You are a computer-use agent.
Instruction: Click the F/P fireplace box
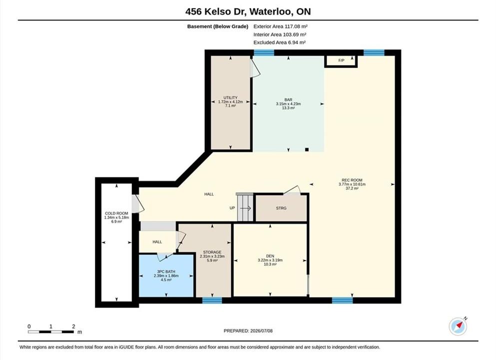coord(341,61)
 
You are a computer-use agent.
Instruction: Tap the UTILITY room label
coord(230,97)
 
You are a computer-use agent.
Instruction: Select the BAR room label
coord(288,99)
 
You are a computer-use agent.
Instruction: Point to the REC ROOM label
coord(352,180)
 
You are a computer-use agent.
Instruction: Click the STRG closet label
coord(281,208)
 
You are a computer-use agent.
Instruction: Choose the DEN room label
coord(270,256)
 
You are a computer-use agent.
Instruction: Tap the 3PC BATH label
coord(166,271)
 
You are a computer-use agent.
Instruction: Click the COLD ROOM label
coord(116,213)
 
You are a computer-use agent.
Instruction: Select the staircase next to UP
coord(245,207)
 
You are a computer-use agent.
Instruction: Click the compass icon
coord(458,326)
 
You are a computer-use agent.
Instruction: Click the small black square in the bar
coord(307,149)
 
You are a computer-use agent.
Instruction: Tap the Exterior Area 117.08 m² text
coord(280,26)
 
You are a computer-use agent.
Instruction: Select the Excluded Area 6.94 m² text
coord(279,42)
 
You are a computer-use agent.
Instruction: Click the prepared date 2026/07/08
coord(261,331)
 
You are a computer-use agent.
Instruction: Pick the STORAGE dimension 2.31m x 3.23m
coord(212,256)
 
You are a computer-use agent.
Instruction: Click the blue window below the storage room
coord(212,300)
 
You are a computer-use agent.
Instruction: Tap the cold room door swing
coord(138,204)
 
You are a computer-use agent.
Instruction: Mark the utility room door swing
coord(255,68)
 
